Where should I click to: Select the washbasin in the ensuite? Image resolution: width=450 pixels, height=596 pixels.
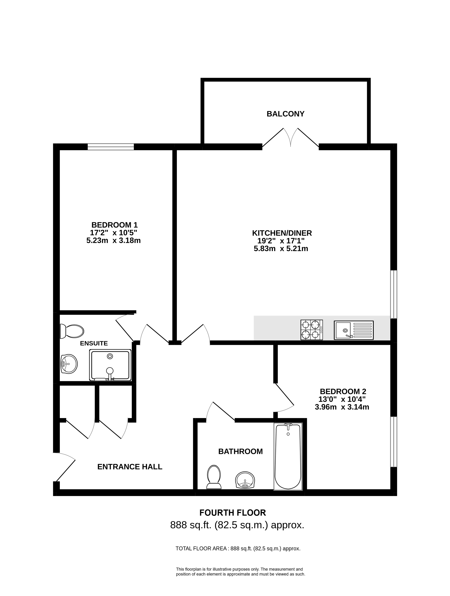coord(69,364)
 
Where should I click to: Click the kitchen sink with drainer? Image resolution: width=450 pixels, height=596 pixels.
coord(354,330)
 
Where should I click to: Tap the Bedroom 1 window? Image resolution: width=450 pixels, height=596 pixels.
coord(111,147)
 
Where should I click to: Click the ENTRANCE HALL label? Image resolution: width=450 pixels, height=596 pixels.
coord(130,467)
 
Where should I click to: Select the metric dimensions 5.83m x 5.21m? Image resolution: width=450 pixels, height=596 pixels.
coord(281,248)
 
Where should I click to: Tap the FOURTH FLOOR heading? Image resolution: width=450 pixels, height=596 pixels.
coord(233,513)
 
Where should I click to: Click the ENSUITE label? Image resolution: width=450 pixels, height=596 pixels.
coord(94,343)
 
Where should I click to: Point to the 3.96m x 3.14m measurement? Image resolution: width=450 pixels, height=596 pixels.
coord(342,407)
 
